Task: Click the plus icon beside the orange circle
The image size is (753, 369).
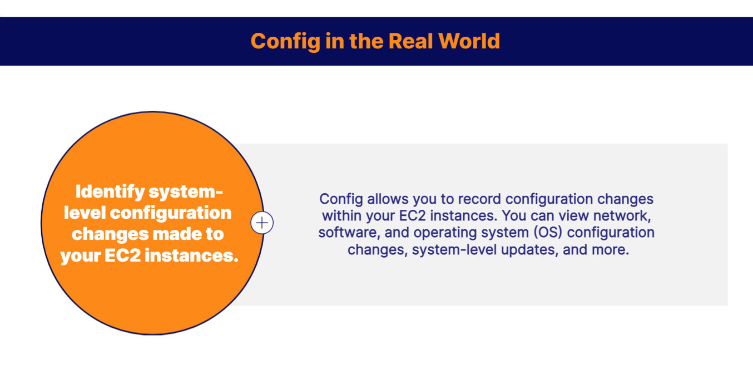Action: click(262, 223)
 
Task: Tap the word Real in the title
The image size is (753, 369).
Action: click(411, 41)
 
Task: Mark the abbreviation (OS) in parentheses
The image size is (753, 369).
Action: click(532, 233)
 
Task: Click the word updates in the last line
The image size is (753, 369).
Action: click(528, 250)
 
